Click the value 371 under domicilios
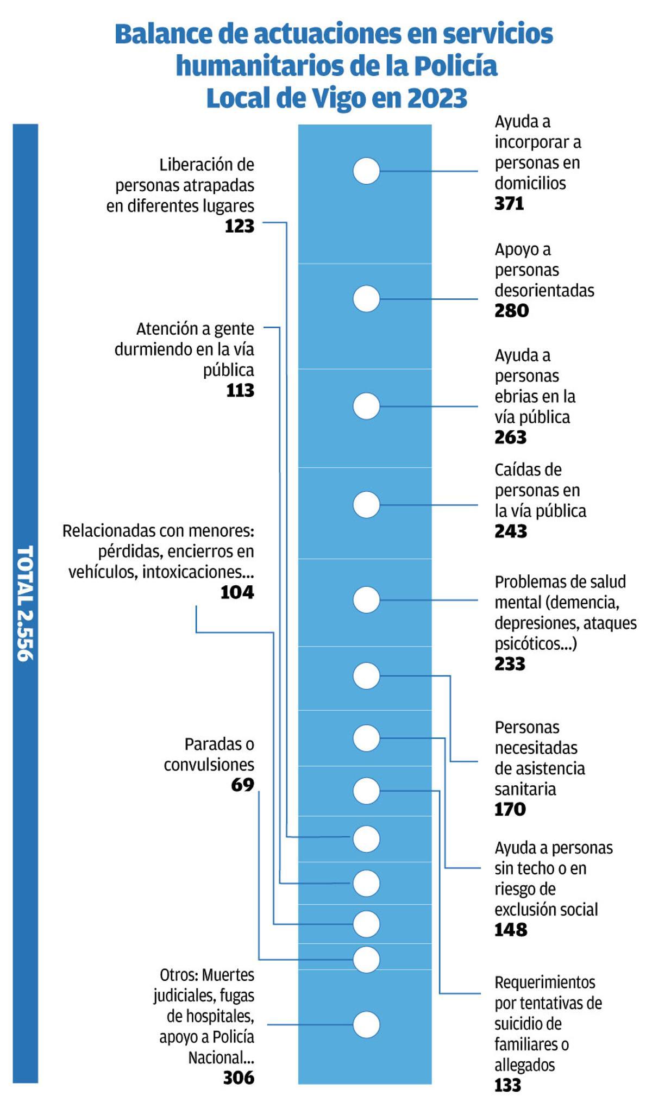509,204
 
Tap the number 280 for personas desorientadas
511,311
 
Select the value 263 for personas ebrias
510,437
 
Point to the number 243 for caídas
511,531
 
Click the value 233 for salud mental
510,664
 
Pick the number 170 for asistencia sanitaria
510,810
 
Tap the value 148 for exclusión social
511,930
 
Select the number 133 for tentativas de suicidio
507,1086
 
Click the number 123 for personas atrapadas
240,226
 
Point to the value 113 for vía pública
240,391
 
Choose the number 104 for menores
237,592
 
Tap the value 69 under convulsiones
242,785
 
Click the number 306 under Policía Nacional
239,1078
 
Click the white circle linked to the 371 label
366,171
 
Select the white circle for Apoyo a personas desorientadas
366,299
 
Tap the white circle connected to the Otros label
366,1025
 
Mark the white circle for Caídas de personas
366,505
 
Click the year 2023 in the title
437,98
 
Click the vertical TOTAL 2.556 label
25,603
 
